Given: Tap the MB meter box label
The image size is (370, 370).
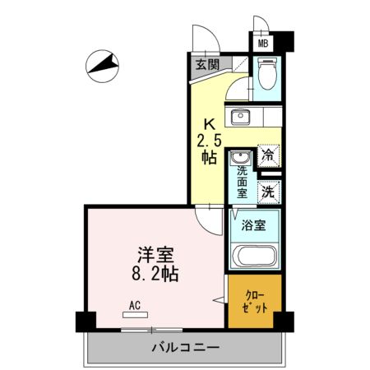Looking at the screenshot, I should point(264,43).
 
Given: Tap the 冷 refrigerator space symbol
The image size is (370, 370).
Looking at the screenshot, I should point(268,153).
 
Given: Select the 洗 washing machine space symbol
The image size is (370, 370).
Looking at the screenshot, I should point(268,192).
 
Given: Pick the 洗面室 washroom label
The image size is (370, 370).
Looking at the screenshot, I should point(243,183).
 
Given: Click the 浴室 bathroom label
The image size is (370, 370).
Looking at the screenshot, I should point(252,224).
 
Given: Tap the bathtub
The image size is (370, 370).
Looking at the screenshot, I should point(256,257).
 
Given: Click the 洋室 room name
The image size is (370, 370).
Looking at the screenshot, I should point(153,254).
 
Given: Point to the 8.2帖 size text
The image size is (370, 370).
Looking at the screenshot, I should point(154,273).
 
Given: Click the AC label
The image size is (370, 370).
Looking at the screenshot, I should point(134,305).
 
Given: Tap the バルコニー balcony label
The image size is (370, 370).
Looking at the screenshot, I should point(184,348).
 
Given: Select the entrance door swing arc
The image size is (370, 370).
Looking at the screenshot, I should point(202,37).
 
